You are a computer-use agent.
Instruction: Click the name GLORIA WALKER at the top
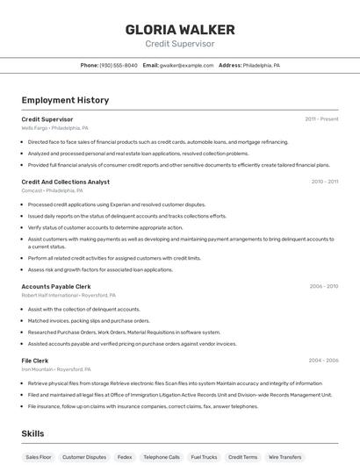click(x=179, y=28)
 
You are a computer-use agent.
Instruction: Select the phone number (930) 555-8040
click(x=119, y=65)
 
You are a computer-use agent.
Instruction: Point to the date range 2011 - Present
click(x=321, y=118)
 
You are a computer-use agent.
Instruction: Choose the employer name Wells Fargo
click(x=34, y=127)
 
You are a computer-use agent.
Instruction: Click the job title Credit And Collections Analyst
click(x=66, y=182)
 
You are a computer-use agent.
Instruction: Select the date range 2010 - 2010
click(x=324, y=182)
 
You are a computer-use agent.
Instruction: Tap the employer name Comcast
click(x=31, y=190)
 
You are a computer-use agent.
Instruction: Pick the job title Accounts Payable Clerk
click(x=56, y=286)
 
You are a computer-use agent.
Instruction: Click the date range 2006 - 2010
click(x=323, y=286)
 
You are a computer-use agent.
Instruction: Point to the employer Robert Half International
click(x=43, y=295)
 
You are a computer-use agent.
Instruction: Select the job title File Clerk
click(x=35, y=361)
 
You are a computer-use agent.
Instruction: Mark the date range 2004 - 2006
click(x=323, y=361)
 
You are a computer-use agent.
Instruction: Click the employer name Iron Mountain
click(x=36, y=369)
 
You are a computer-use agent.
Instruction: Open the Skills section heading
click(x=32, y=433)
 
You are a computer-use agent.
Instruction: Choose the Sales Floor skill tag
click(x=39, y=457)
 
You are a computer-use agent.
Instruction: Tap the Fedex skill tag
click(x=125, y=457)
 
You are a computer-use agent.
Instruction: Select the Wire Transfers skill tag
click(x=285, y=457)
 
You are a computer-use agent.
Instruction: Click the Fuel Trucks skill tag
click(x=204, y=457)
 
